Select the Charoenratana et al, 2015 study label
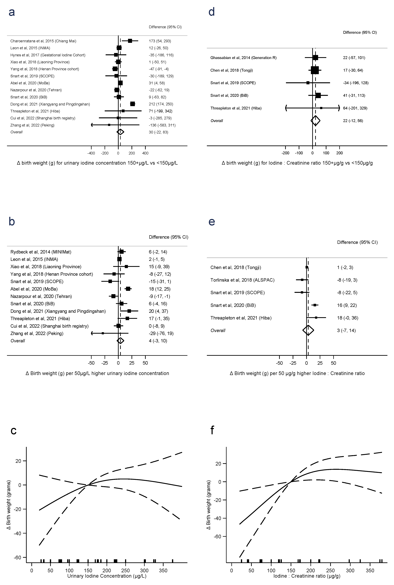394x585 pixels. pyautogui.click(x=43, y=41)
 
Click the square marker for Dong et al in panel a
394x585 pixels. pyautogui.click(x=132, y=104)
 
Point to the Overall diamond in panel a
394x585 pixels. pyautogui.click(x=120, y=132)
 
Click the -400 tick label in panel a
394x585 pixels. pyautogui.click(x=91, y=153)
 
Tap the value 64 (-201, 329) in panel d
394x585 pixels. pyautogui.click(x=355, y=108)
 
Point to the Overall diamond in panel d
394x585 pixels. pyautogui.click(x=315, y=121)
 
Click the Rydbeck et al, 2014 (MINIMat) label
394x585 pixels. pyautogui.click(x=41, y=252)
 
